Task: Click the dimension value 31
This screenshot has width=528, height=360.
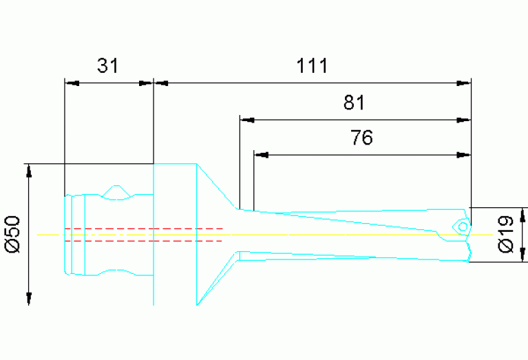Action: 107,65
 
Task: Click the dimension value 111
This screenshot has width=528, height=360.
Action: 313,65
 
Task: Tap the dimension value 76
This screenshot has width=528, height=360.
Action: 361,138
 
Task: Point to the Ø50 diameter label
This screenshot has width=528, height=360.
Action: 14,235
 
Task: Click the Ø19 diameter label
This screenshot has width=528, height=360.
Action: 507,235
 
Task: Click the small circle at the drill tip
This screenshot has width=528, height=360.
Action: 463,226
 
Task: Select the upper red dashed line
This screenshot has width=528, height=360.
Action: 143,228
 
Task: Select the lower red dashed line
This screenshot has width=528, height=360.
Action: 143,241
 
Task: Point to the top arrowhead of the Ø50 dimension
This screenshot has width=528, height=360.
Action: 29,171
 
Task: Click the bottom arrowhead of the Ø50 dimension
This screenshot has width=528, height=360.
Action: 29,297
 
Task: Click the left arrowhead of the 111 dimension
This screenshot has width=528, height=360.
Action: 161,83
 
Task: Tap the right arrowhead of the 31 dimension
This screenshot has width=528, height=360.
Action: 145,83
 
